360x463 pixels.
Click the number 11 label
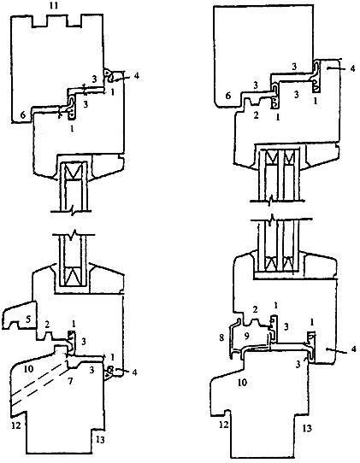(x=54, y=6)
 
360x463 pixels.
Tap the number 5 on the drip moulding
(x=28, y=319)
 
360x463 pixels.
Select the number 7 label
(x=70, y=381)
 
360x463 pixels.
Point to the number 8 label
(x=221, y=337)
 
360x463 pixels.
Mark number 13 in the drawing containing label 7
(x=100, y=440)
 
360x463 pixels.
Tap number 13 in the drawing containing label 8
(x=307, y=428)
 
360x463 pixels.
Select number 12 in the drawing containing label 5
(x=16, y=425)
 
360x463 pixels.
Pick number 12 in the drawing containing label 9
(x=224, y=425)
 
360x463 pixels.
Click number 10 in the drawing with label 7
(x=29, y=369)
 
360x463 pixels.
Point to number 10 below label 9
(x=242, y=383)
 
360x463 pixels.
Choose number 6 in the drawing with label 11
(x=23, y=114)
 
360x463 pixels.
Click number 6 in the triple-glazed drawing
(x=227, y=96)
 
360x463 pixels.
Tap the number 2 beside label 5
(x=47, y=325)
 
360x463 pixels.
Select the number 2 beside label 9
(x=256, y=309)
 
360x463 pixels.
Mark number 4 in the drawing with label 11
(x=136, y=76)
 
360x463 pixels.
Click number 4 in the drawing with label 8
(x=352, y=349)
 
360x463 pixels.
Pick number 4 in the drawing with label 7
(x=134, y=372)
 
